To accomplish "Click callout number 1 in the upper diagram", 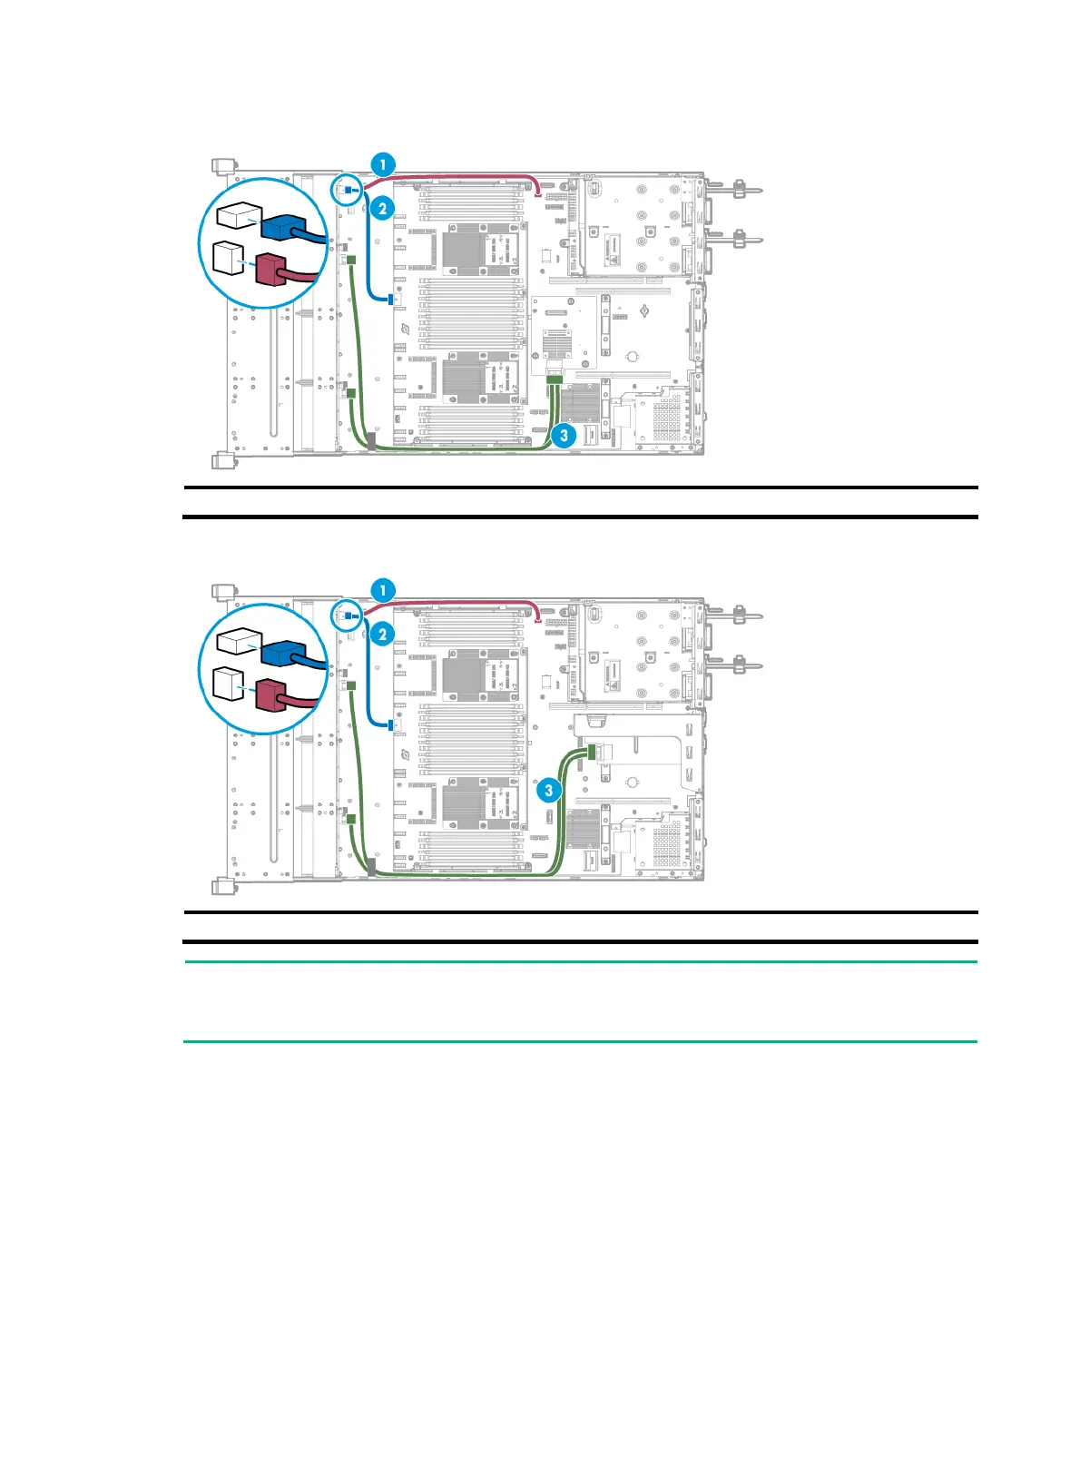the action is pyautogui.click(x=383, y=164).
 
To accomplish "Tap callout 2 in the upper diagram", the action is pyautogui.click(x=383, y=209).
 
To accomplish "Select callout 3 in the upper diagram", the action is pyautogui.click(x=564, y=435).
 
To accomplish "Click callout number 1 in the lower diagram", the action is pyautogui.click(x=383, y=590).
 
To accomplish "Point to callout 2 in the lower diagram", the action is pyautogui.click(x=383, y=634).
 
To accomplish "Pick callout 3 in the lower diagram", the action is pyautogui.click(x=548, y=790).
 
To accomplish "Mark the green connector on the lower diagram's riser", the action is pyautogui.click(x=594, y=752).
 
